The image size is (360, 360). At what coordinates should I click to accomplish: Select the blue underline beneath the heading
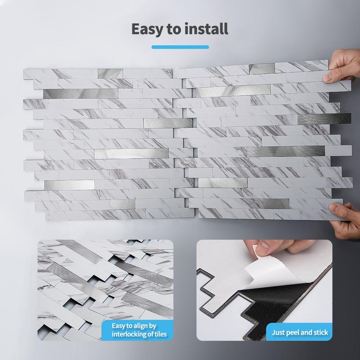[180, 47]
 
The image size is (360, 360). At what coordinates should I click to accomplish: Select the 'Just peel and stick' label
[300, 333]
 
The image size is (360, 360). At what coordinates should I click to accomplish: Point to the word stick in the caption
[320, 333]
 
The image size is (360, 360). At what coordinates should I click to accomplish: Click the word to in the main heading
[179, 28]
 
